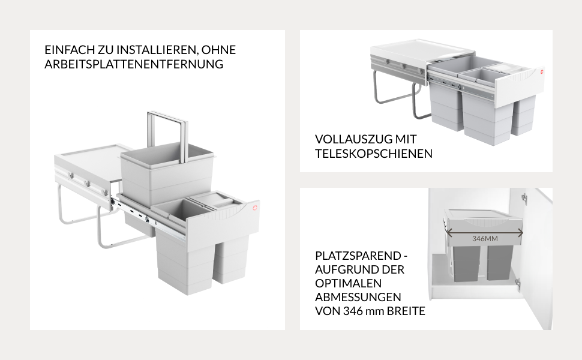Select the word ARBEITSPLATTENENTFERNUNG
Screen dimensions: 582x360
[134, 64]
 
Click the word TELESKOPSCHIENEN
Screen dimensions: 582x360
[374, 153]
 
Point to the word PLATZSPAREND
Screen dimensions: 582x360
[358, 256]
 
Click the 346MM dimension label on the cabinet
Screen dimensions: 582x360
[485, 239]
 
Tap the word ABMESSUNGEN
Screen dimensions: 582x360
[358, 297]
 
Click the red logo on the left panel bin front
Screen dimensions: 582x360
[254, 208]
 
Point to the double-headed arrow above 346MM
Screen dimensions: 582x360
[484, 233]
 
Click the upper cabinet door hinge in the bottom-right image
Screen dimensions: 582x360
[524, 198]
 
